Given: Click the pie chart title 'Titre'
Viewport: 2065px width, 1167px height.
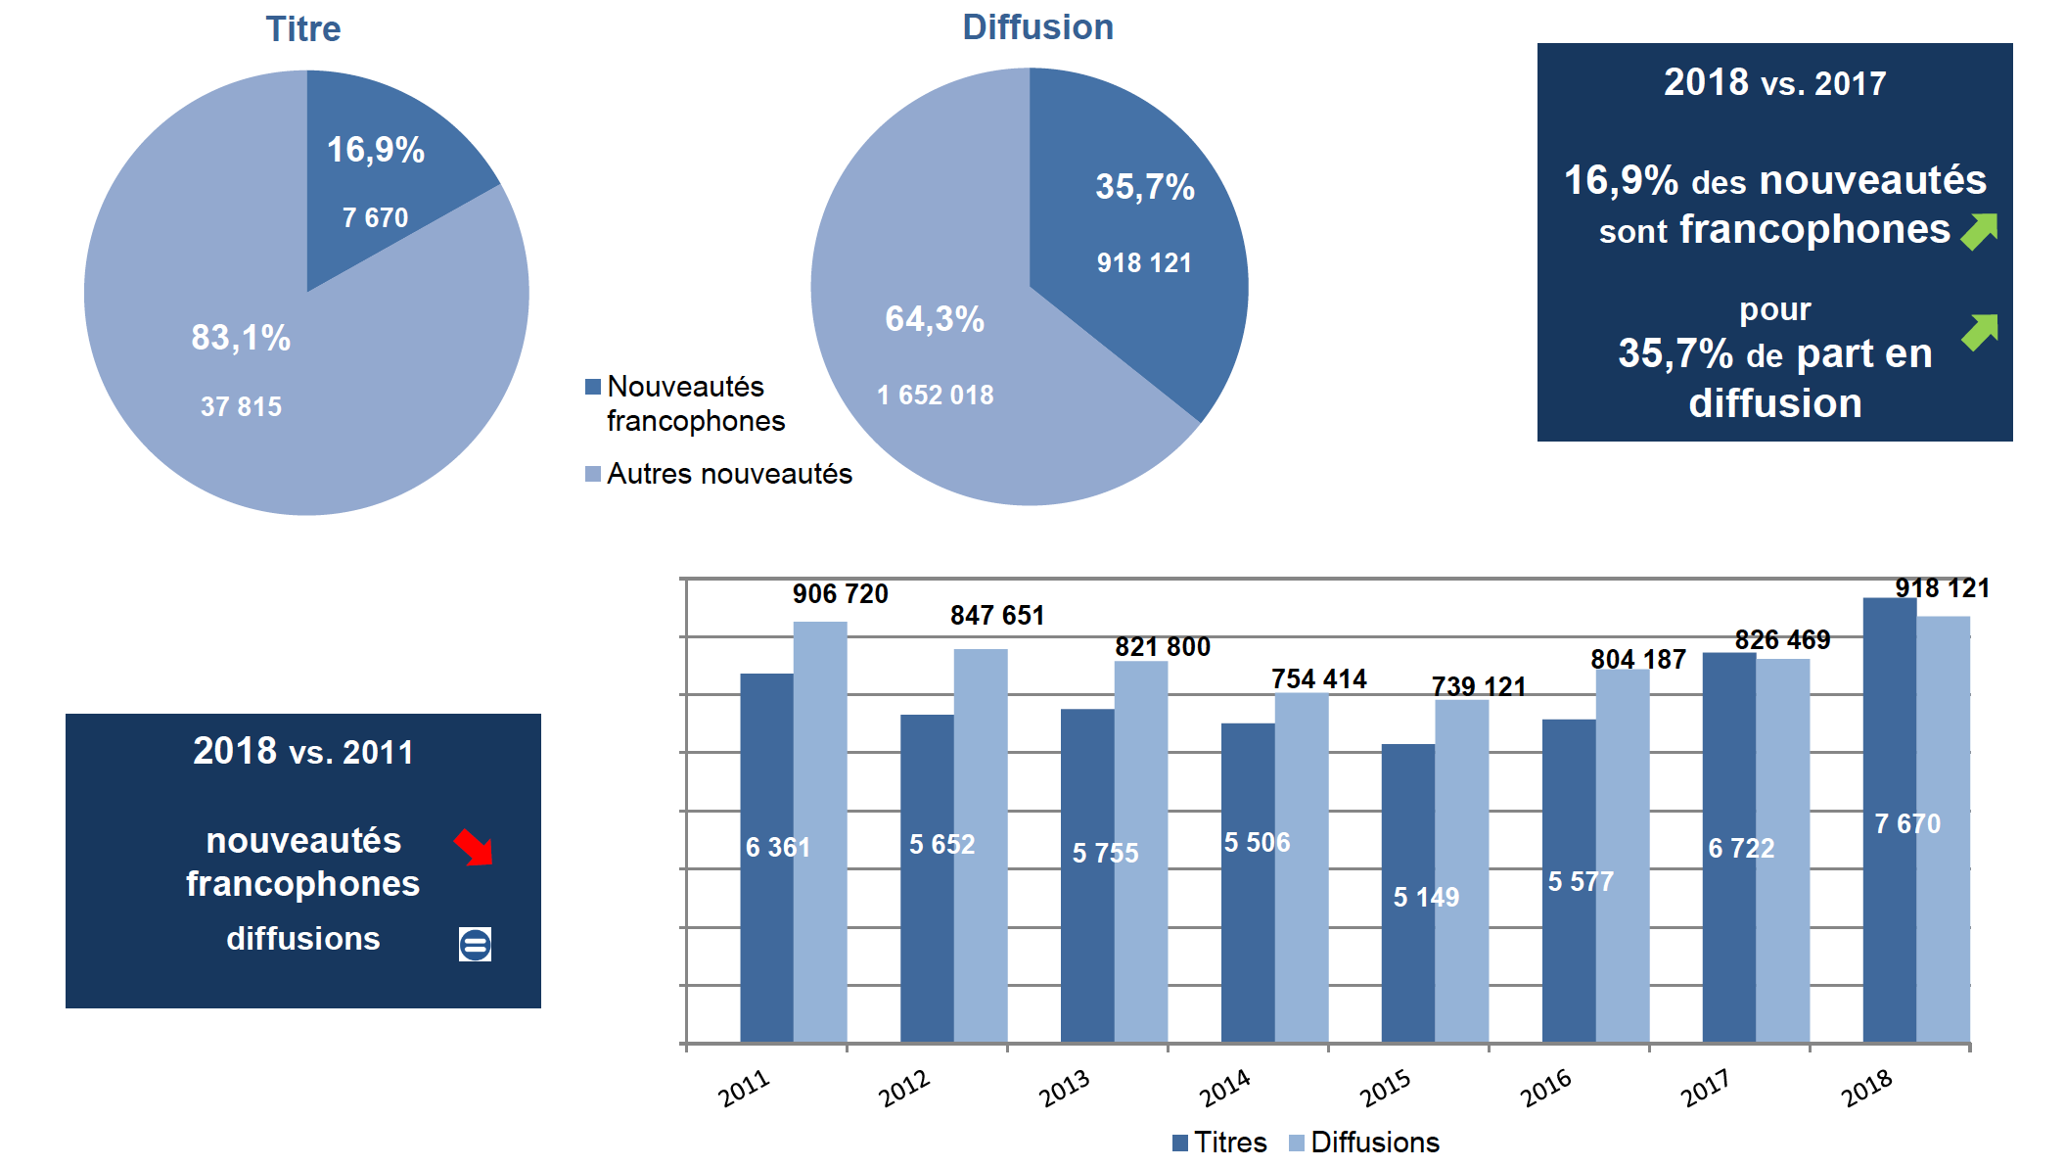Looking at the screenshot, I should (303, 29).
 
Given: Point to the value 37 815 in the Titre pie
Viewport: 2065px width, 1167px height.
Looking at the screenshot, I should (241, 406).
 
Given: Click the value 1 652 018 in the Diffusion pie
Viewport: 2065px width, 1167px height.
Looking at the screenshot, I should (935, 396).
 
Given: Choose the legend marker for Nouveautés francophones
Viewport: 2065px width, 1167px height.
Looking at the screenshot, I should (593, 387).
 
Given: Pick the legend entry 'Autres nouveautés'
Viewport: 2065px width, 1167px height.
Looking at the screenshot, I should (729, 474).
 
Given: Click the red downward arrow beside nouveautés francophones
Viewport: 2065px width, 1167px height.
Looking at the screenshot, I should (475, 847).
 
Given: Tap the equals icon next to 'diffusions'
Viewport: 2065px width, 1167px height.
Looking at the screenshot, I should (475, 945).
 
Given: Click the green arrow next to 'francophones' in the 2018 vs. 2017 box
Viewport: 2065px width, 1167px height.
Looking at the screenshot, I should (1979, 231).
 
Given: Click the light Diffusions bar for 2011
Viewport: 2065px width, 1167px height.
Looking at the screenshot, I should (820, 832).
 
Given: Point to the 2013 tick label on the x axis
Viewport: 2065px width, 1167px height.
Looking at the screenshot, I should (1065, 1088).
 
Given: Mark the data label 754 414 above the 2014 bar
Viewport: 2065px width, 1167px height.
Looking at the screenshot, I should (1318, 678).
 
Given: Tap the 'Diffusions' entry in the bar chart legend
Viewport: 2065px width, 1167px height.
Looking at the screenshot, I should (1374, 1143).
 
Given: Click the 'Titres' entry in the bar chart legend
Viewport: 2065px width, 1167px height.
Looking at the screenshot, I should (1229, 1143).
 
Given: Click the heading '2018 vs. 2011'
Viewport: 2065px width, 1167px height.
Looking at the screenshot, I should (303, 752).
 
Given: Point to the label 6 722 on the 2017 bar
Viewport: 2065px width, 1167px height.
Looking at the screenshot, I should (1741, 848).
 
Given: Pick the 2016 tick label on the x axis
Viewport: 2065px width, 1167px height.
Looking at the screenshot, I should (1546, 1088).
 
